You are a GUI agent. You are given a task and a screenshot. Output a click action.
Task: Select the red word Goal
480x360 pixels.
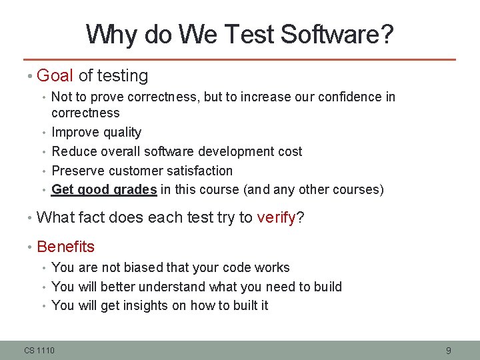(x=55, y=76)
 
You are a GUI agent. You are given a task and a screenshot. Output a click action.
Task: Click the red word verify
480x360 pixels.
(x=275, y=217)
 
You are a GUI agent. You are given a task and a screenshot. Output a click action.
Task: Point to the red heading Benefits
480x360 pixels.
(x=66, y=247)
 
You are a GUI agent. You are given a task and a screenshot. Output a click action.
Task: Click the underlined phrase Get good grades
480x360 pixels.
(x=104, y=189)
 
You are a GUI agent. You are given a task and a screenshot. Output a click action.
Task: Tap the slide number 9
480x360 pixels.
(x=449, y=350)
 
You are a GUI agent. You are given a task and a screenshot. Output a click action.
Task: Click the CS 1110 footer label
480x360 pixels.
(x=40, y=350)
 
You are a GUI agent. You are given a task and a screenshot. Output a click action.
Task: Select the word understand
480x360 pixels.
(x=173, y=287)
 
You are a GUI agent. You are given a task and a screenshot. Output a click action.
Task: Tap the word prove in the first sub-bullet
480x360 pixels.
(x=107, y=97)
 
